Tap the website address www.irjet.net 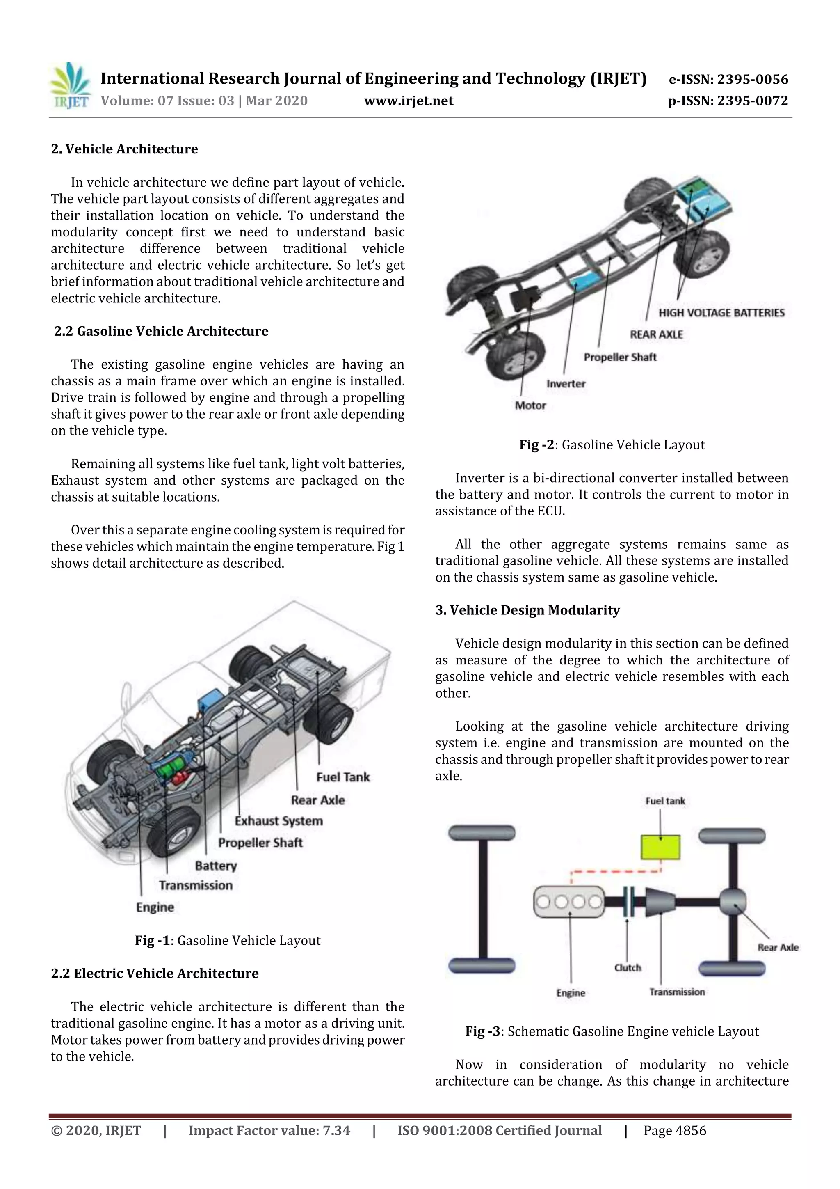click(x=409, y=101)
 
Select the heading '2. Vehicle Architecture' click(x=124, y=149)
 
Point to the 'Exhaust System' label click(x=278, y=821)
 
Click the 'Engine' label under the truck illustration click(x=155, y=907)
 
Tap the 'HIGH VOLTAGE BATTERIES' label click(x=721, y=313)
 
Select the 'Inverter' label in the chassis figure click(x=566, y=384)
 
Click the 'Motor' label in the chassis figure click(x=530, y=405)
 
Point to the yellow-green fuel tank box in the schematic click(x=660, y=847)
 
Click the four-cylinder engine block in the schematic click(x=569, y=902)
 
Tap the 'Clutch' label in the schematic click(x=627, y=967)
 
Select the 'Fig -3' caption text click(x=612, y=1031)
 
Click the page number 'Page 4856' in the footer click(x=674, y=1131)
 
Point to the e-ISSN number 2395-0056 click(x=728, y=80)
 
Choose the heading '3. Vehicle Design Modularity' click(x=527, y=610)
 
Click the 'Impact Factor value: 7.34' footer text click(x=269, y=1131)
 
